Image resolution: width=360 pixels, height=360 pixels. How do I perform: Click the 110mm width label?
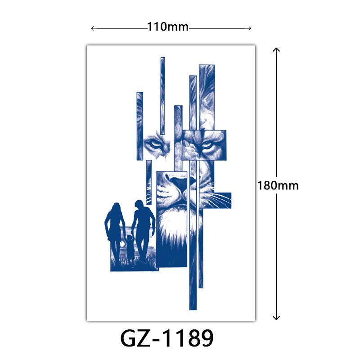click(167, 27)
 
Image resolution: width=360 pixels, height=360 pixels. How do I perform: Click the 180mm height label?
click(278, 185)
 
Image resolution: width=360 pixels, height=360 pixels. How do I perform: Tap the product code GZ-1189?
click(167, 338)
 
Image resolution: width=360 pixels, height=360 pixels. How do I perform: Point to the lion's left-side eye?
click(153, 144)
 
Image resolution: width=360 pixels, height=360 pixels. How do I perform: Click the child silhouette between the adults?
click(130, 248)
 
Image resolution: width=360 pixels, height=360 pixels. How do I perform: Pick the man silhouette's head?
click(139, 205)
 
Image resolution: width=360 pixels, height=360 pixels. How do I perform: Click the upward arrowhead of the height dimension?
click(276, 50)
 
